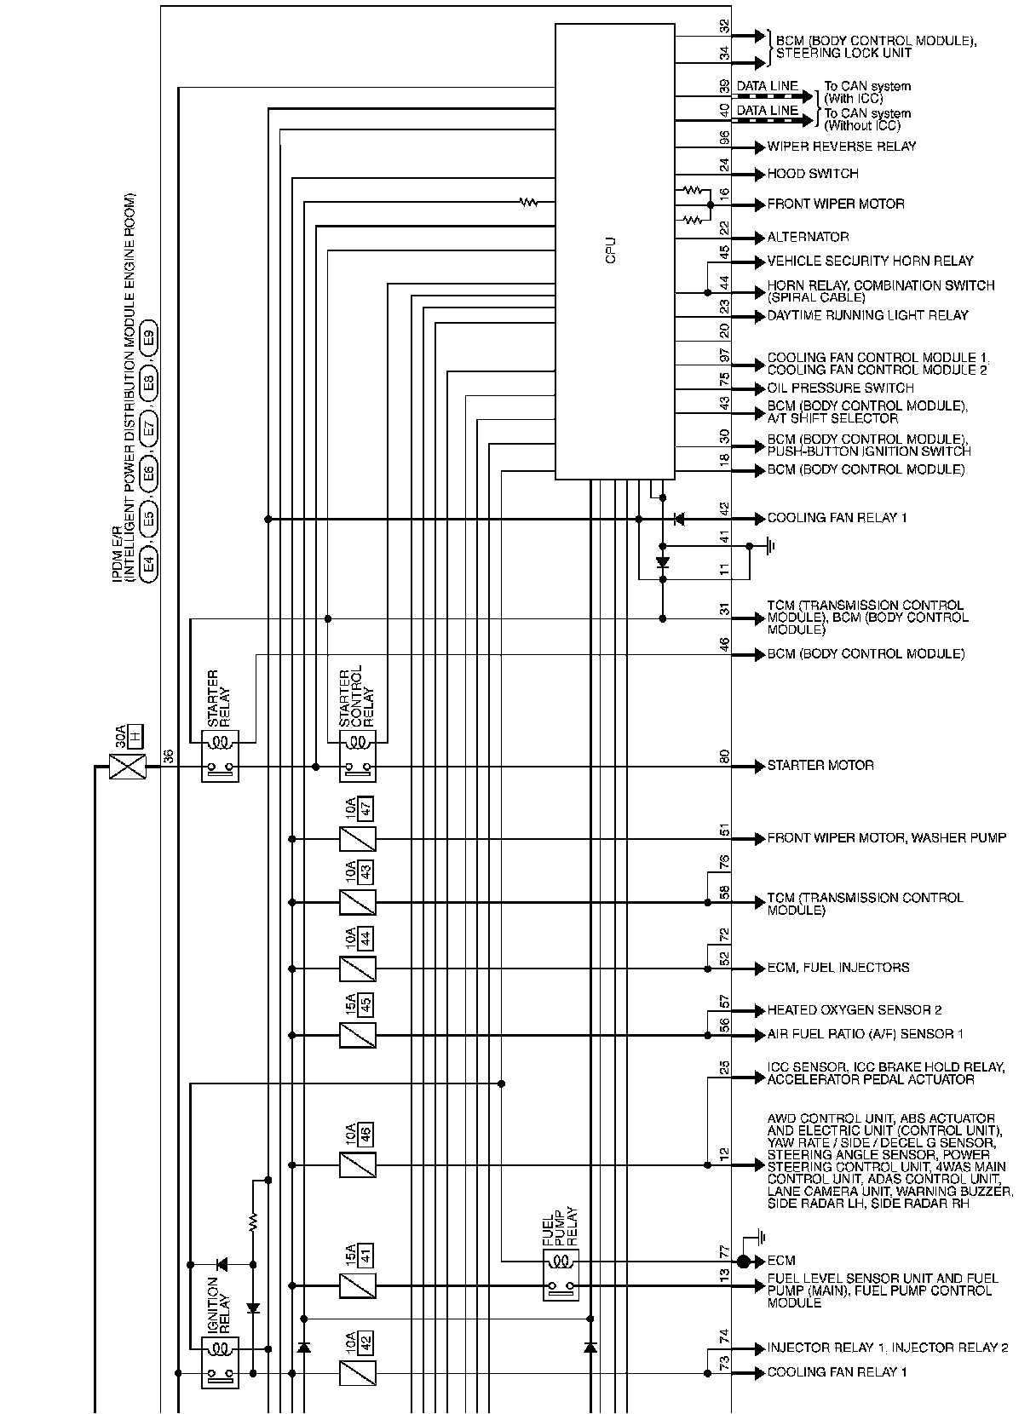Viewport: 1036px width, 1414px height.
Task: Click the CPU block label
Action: pyautogui.click(x=610, y=250)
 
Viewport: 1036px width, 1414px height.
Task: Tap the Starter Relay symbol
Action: pyautogui.click(x=220, y=756)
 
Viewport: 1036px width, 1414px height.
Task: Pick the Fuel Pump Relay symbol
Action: pyautogui.click(x=561, y=1274)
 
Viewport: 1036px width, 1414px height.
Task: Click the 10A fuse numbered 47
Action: pyautogui.click(x=357, y=839)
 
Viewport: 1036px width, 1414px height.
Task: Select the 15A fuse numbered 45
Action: pyautogui.click(x=357, y=1035)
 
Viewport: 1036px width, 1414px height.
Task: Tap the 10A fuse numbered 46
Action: pyautogui.click(x=357, y=1164)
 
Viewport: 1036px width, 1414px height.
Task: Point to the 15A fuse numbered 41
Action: pyautogui.click(x=357, y=1285)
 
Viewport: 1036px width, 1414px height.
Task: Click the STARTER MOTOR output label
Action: pyautogui.click(x=820, y=766)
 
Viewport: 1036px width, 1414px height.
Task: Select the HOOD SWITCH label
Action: pyautogui.click(x=813, y=174)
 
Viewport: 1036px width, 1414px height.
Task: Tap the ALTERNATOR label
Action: pyautogui.click(x=808, y=237)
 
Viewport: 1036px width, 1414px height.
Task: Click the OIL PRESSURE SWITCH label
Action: pyautogui.click(x=840, y=388)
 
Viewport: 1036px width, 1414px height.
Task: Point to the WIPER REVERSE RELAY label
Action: pyautogui.click(x=842, y=147)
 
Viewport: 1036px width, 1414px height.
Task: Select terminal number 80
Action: pyautogui.click(x=725, y=756)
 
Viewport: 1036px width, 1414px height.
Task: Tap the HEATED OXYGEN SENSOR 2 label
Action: pyautogui.click(x=855, y=1010)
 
